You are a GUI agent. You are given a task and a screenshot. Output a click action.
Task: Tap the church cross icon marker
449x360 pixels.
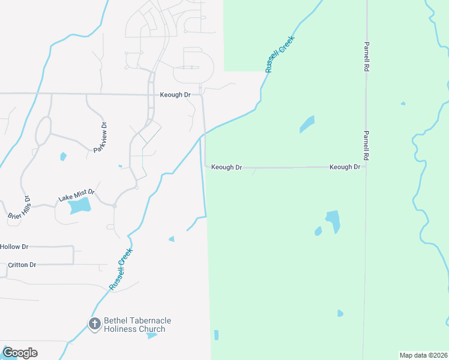coord(94,325)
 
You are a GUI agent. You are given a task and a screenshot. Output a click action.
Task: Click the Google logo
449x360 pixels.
coord(20,353)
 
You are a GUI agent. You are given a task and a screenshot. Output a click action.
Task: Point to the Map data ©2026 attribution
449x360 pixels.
coord(423,355)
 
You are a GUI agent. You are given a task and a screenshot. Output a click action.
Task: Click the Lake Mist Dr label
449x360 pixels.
coord(76,195)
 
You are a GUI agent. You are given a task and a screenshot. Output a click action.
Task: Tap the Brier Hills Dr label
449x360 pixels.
coord(18,207)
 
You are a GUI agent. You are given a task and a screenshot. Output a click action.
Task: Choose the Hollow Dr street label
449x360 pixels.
coord(14,247)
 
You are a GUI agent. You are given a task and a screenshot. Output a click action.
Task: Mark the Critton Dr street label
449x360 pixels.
coord(22,265)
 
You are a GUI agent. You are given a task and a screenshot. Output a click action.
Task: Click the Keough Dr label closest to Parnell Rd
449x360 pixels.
coord(345,167)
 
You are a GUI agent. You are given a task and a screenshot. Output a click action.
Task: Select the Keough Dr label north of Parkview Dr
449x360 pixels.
coord(175,95)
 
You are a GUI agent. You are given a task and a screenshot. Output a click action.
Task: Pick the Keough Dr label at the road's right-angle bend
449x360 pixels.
coord(226,167)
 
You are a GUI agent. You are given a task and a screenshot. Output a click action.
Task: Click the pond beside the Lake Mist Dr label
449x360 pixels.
coord(79,206)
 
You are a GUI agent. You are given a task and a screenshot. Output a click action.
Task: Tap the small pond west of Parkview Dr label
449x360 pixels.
coord(63,157)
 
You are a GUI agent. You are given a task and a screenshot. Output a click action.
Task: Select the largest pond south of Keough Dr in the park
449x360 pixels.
coord(333,220)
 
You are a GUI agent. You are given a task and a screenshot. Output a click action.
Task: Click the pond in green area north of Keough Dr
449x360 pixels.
coord(307,124)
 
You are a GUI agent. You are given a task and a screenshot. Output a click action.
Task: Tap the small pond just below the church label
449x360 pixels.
coord(152,335)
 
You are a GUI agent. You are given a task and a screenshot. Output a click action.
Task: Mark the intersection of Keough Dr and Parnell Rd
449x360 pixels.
coord(366,167)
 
